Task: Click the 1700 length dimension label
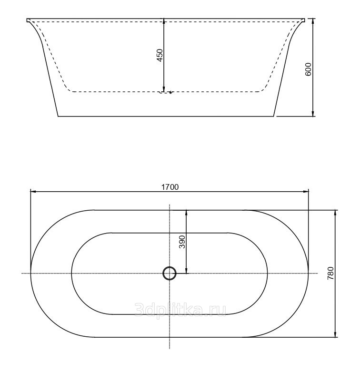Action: pyautogui.click(x=170, y=187)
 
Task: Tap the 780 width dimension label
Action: pyautogui.click(x=330, y=273)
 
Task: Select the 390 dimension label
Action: pyautogui.click(x=182, y=242)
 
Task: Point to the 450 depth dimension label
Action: pyautogui.click(x=160, y=55)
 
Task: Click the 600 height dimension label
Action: pyautogui.click(x=308, y=69)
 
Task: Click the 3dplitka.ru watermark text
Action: pyautogui.click(x=180, y=310)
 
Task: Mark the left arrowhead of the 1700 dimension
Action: pyautogui.click(x=33, y=191)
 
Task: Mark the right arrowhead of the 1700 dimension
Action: pyautogui.click(x=306, y=191)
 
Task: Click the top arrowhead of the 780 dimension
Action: pyautogui.click(x=335, y=213)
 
